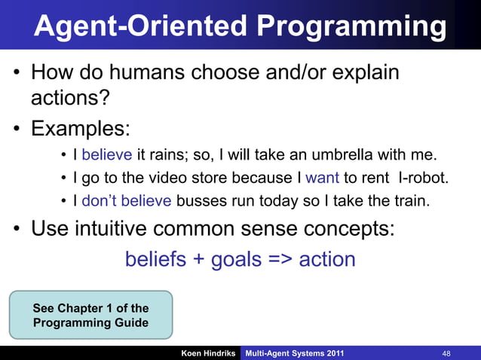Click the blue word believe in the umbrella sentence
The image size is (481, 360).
pos(107,156)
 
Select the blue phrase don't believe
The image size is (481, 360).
pos(127,201)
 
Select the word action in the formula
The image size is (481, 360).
pos(326,260)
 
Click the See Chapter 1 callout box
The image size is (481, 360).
pos(90,316)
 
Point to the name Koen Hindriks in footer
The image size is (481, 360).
pos(208,352)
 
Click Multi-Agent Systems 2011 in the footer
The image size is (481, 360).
pos(293,352)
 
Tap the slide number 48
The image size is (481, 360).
pos(446,352)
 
